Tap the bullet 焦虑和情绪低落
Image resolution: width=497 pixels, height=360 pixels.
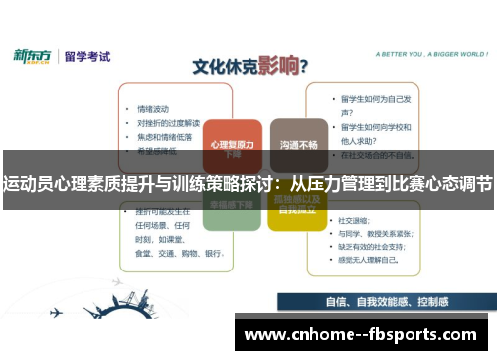point(161,136)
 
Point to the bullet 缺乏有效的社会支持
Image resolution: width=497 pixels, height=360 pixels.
point(378,245)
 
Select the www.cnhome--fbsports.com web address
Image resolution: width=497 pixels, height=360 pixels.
point(359,334)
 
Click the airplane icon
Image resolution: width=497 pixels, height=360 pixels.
point(56,313)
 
